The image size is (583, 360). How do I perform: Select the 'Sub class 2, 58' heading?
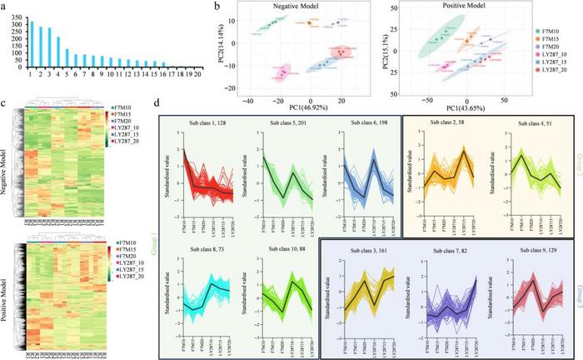pos(436,122)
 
